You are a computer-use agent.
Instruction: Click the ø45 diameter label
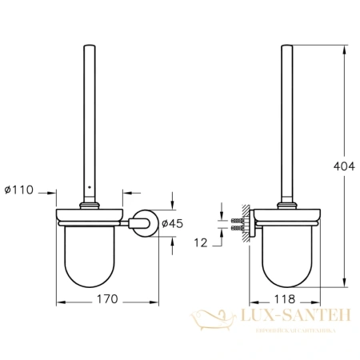point(172,223)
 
